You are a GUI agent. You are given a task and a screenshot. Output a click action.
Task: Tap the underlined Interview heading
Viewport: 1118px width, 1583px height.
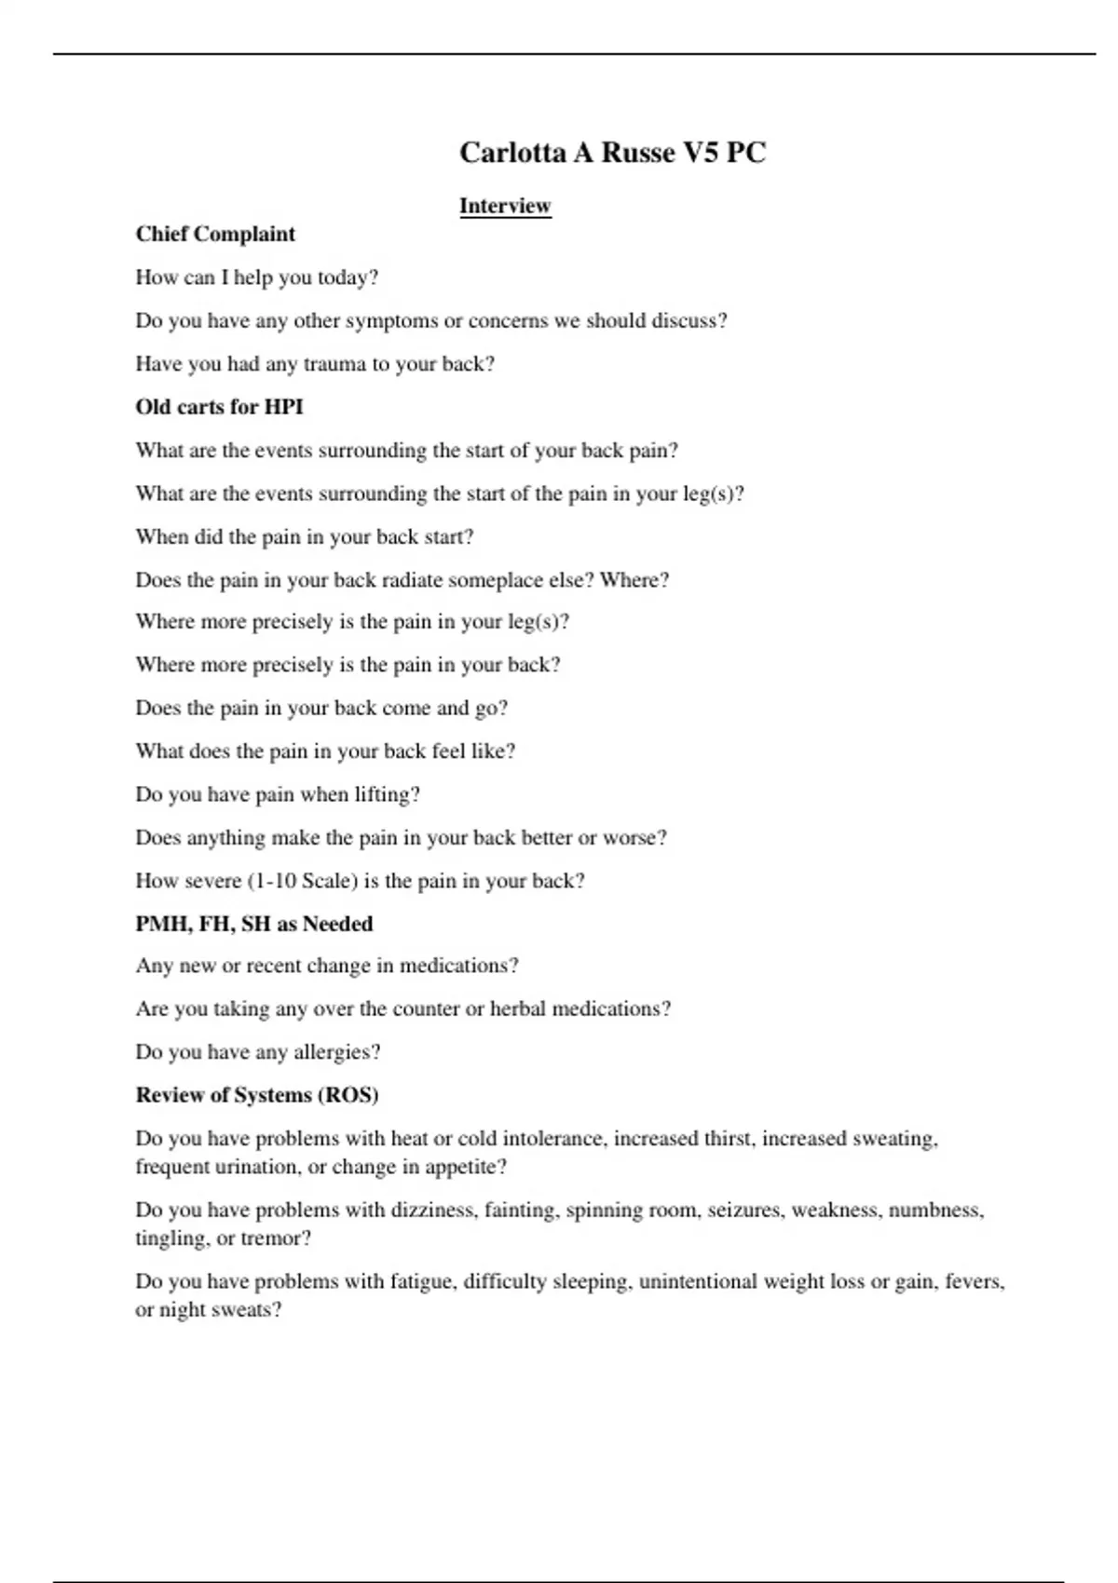coord(505,206)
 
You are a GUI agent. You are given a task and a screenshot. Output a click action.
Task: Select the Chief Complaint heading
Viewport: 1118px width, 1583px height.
coord(215,234)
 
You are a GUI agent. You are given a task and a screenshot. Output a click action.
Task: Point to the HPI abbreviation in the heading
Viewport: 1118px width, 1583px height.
coord(283,407)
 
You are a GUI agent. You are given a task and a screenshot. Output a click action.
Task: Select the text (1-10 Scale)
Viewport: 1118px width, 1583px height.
coord(303,881)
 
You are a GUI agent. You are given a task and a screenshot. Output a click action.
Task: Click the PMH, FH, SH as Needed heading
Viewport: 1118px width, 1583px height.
coord(254,924)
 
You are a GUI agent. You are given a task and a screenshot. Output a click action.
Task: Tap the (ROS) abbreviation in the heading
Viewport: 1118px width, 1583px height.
coord(349,1095)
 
